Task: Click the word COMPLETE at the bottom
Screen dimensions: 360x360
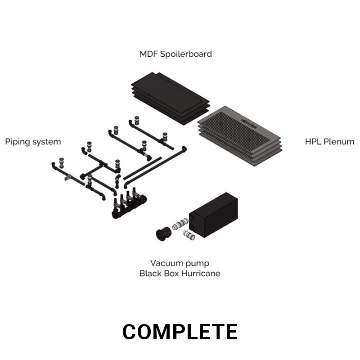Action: click(180, 332)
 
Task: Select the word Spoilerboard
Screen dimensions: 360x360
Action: click(186, 54)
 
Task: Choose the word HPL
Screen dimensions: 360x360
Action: click(314, 142)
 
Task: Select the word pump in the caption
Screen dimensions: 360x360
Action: click(198, 264)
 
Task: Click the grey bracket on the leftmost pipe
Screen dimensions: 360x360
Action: click(68, 177)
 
